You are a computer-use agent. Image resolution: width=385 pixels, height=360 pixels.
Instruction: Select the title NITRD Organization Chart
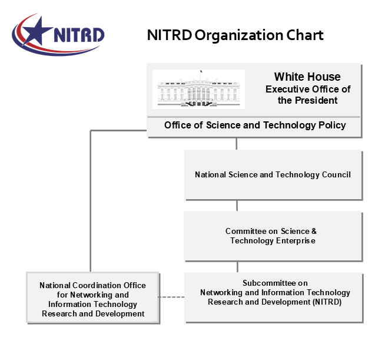(x=235, y=35)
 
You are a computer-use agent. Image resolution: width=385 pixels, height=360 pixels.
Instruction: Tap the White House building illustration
(x=198, y=89)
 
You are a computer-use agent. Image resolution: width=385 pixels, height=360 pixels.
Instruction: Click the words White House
(x=307, y=77)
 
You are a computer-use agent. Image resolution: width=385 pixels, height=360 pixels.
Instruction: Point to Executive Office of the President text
(x=308, y=95)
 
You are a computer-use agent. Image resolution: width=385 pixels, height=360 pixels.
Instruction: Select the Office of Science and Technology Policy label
(x=255, y=125)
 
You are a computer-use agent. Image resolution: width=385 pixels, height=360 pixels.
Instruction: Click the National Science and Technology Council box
(x=273, y=174)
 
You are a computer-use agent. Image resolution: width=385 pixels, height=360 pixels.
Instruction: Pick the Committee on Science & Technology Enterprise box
(x=273, y=236)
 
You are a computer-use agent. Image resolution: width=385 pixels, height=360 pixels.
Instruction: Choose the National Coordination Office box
(x=93, y=298)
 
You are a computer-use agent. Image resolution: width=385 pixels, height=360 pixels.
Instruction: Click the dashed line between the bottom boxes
(x=172, y=297)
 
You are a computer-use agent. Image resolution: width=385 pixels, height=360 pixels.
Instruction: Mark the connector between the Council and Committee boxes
(x=237, y=206)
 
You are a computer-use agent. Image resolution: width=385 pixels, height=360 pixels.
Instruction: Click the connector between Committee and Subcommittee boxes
(x=237, y=266)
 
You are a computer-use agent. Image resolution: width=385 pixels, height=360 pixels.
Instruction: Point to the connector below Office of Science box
(x=237, y=144)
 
